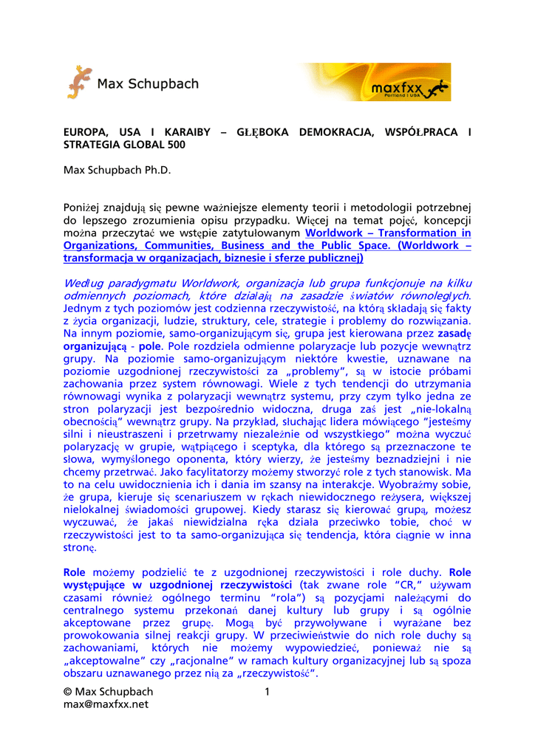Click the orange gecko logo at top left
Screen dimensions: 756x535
pyautogui.click(x=79, y=82)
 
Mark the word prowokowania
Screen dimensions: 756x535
pyautogui.click(x=98, y=635)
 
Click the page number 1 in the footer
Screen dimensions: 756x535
pyautogui.click(x=267, y=692)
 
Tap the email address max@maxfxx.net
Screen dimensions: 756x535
pyautogui.click(x=106, y=704)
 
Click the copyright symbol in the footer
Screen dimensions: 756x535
pyautogui.click(x=68, y=692)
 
